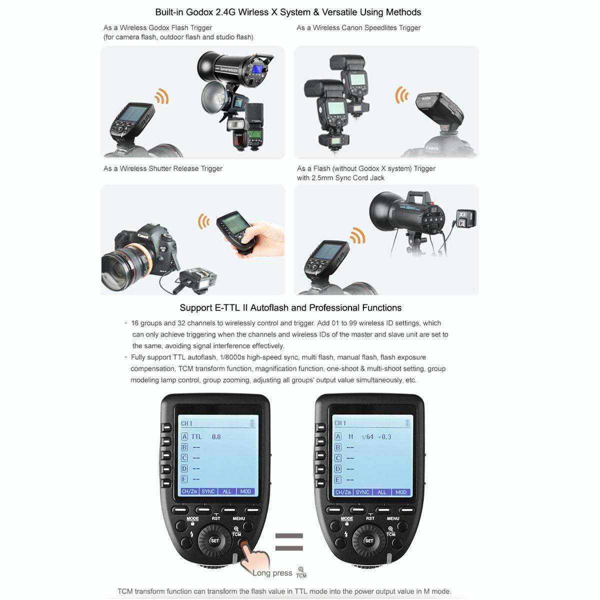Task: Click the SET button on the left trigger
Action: click(x=214, y=540)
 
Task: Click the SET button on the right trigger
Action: click(x=368, y=540)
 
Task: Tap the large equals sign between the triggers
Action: click(x=289, y=542)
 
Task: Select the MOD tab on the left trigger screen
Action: click(x=245, y=491)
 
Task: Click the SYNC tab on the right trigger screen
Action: click(x=362, y=492)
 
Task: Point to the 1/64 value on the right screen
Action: click(x=367, y=436)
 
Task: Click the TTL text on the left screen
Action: click(x=196, y=436)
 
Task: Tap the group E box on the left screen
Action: click(x=184, y=479)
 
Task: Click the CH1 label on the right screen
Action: click(x=340, y=423)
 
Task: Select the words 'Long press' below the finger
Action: click(x=272, y=573)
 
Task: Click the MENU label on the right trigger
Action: click(x=393, y=518)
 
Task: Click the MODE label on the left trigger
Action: click(x=192, y=519)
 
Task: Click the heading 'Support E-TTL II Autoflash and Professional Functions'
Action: click(x=290, y=308)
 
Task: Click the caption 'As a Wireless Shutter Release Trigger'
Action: click(x=163, y=168)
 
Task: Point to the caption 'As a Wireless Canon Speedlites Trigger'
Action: click(x=358, y=28)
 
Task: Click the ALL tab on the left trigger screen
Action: click(x=227, y=491)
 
